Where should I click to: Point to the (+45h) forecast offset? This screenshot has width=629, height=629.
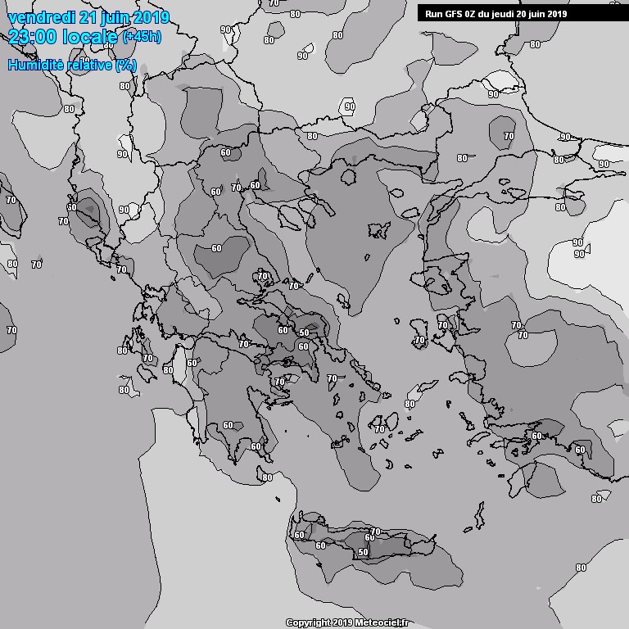(x=143, y=37)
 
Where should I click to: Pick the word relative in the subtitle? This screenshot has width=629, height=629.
(x=90, y=65)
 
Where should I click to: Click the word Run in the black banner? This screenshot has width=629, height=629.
(x=432, y=14)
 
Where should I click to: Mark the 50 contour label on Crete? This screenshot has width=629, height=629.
(x=363, y=553)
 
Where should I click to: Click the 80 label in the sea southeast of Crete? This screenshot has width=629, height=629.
(x=581, y=568)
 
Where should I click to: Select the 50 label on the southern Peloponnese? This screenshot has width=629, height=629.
(x=256, y=446)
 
